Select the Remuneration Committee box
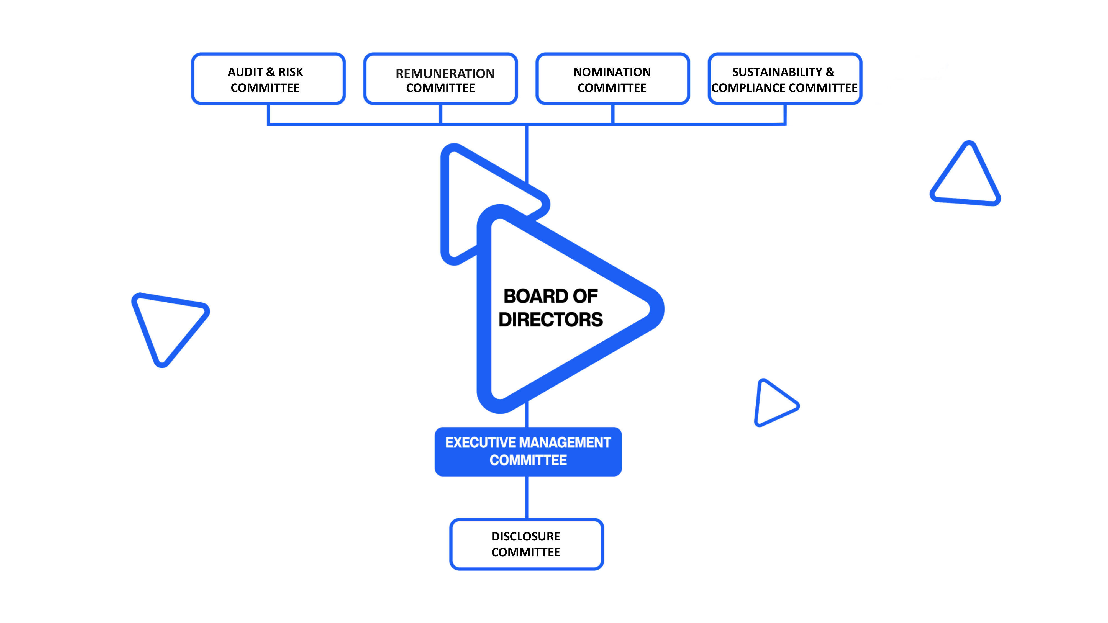(x=440, y=79)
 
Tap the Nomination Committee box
(x=612, y=79)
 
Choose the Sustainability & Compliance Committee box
(x=784, y=79)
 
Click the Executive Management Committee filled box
(x=528, y=451)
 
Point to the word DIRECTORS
(x=551, y=320)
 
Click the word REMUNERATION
(x=445, y=74)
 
